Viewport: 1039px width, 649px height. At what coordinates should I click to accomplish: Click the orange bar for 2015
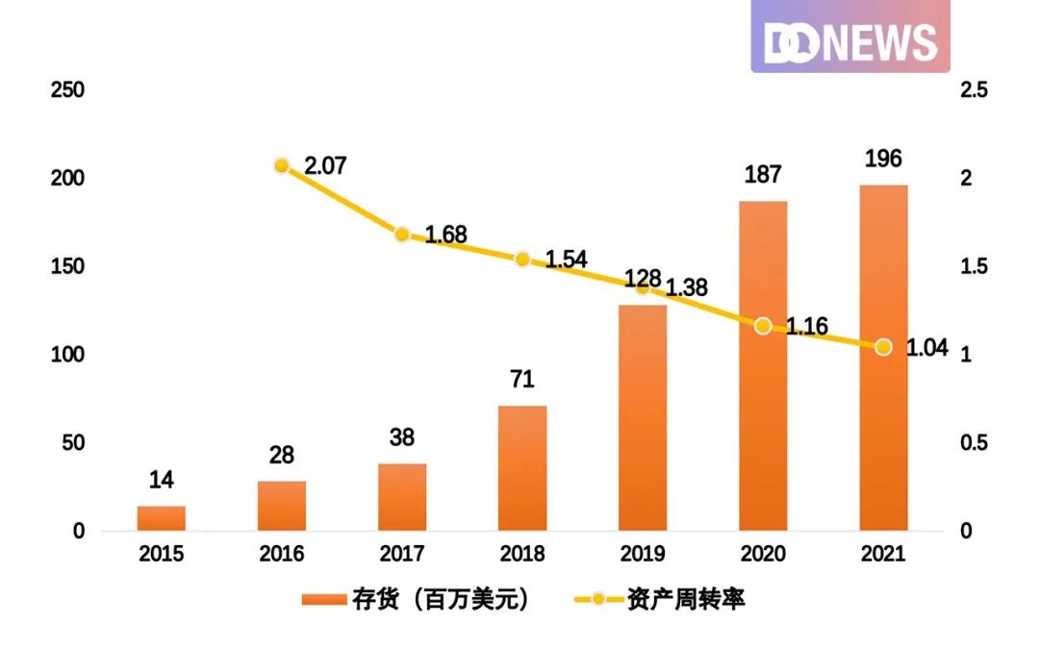click(161, 518)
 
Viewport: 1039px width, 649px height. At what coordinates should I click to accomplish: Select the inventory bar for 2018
click(522, 468)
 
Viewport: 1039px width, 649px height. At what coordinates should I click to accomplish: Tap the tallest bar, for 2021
click(883, 358)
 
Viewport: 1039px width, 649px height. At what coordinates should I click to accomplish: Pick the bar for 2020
click(763, 365)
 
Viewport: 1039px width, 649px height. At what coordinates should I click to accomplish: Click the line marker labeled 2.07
click(282, 165)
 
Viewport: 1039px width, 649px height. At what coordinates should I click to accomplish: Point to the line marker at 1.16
click(763, 326)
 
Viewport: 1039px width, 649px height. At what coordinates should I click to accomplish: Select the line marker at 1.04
click(883, 347)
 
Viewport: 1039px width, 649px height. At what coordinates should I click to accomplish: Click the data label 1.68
click(445, 235)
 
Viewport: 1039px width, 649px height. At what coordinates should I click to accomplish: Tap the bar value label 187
click(763, 175)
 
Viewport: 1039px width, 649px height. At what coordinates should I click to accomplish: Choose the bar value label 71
click(522, 380)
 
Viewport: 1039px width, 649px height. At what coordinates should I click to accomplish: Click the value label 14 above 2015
click(161, 480)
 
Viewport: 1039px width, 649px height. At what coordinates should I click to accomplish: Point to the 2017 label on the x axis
click(402, 555)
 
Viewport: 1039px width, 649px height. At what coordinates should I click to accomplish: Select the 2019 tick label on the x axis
click(643, 555)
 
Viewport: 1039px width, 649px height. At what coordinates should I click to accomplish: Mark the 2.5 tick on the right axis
click(974, 90)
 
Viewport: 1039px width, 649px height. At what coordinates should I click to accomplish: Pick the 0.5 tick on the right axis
click(974, 443)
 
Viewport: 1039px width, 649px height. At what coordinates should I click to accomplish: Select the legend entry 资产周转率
click(660, 600)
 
